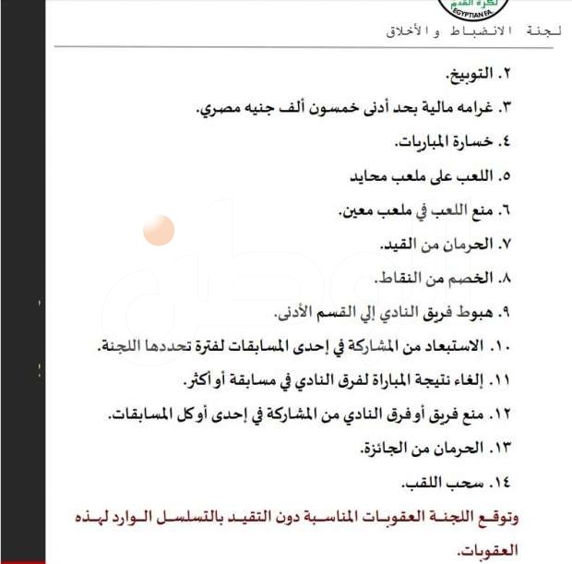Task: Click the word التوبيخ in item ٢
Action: [x=468, y=73]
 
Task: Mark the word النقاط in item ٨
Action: [x=397, y=278]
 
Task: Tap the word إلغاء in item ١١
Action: [x=473, y=379]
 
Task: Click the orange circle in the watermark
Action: [x=159, y=230]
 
